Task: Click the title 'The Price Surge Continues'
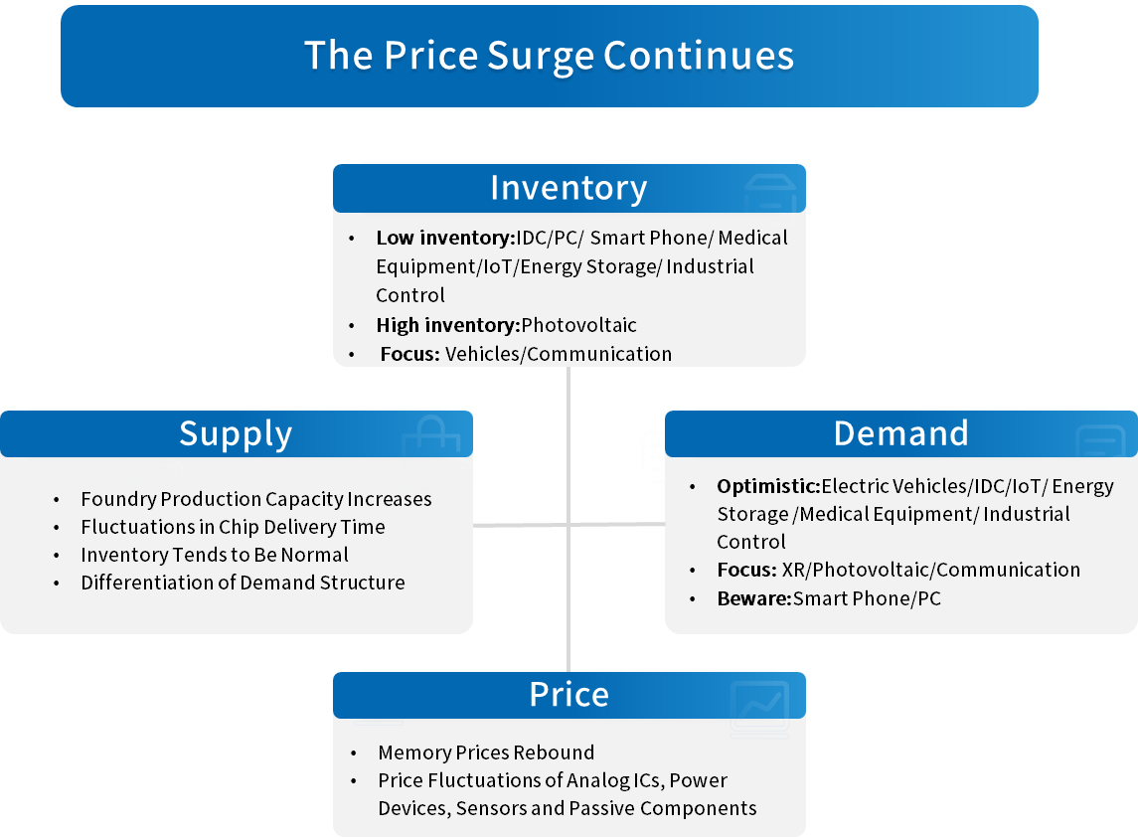[550, 56]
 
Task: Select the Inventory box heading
[569, 188]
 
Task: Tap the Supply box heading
[236, 434]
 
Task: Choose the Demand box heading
[900, 433]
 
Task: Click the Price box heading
[569, 694]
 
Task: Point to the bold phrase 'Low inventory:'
[445, 238]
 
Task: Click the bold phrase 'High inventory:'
[448, 324]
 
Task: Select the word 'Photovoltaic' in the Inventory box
[579, 324]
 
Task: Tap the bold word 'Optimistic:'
[768, 486]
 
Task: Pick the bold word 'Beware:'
[754, 598]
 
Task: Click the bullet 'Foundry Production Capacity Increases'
[256, 499]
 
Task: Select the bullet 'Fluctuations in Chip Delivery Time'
[233, 526]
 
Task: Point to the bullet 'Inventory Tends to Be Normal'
[215, 555]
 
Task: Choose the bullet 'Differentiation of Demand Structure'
[244, 583]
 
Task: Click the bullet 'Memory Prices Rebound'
[486, 753]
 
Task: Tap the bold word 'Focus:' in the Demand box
[746, 570]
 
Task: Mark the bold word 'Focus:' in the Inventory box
[410, 354]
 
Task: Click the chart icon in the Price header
[760, 709]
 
